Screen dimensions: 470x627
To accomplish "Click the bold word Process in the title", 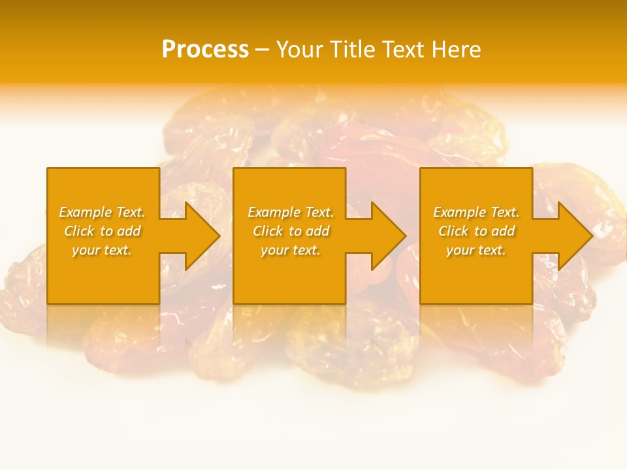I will click(x=205, y=50).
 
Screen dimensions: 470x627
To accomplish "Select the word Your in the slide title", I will click(x=298, y=50).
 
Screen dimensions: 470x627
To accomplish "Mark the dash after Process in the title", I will click(x=262, y=50).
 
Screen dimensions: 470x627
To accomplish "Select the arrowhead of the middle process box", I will click(x=388, y=236).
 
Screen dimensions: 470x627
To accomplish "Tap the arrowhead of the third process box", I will click(x=575, y=236).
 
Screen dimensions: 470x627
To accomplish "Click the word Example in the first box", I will click(x=85, y=212).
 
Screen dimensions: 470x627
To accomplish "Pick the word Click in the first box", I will click(x=79, y=231).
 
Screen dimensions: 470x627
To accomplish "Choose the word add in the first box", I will click(x=129, y=231).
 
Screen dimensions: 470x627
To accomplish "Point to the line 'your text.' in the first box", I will click(x=102, y=250).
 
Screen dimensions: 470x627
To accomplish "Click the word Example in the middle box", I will click(x=274, y=212).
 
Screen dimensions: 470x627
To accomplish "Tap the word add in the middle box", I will click(x=318, y=231).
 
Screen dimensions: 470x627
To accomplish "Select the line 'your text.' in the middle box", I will click(x=291, y=250).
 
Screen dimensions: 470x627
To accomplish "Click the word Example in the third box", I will click(x=459, y=212).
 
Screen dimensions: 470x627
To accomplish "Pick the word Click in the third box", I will click(x=453, y=231).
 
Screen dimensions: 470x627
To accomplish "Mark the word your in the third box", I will click(x=460, y=250).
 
